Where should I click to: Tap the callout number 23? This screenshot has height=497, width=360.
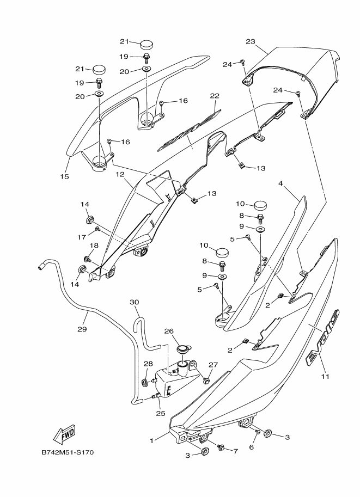tap(251, 41)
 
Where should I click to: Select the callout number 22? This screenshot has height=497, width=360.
tap(215, 96)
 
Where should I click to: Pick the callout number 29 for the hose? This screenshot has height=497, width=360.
tap(82, 329)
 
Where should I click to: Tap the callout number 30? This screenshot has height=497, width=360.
tap(134, 302)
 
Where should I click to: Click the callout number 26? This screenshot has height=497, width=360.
tap(169, 330)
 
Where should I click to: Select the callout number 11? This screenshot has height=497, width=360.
tap(325, 376)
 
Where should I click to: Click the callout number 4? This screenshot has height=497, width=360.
tap(280, 184)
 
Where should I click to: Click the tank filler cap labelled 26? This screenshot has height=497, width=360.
tap(184, 349)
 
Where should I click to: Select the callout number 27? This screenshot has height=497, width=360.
tap(213, 365)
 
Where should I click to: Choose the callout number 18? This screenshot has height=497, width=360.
tap(94, 246)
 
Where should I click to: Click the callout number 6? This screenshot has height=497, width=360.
tap(252, 447)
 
